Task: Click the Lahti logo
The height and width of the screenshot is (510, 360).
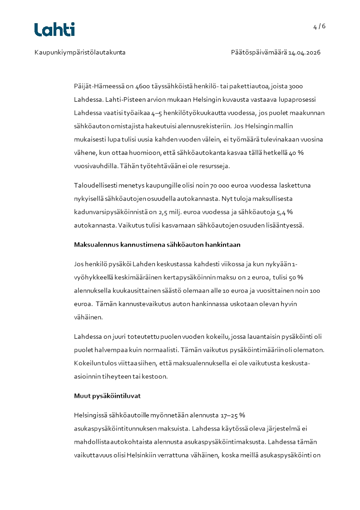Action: pos(54,30)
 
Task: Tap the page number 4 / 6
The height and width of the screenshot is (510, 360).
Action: pos(319,26)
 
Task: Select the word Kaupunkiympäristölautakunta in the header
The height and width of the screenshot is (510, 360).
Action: pos(80,53)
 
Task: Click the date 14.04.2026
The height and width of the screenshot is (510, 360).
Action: pos(304,53)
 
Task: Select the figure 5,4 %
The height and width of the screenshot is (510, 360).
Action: pos(283,212)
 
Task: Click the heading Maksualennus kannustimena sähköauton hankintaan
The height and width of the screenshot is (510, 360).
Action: pos(157,245)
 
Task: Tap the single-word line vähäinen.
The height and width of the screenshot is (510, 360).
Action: pos(86,317)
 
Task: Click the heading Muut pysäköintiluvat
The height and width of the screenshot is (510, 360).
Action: pos(107,396)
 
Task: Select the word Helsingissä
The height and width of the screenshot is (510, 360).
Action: pos(91,415)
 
